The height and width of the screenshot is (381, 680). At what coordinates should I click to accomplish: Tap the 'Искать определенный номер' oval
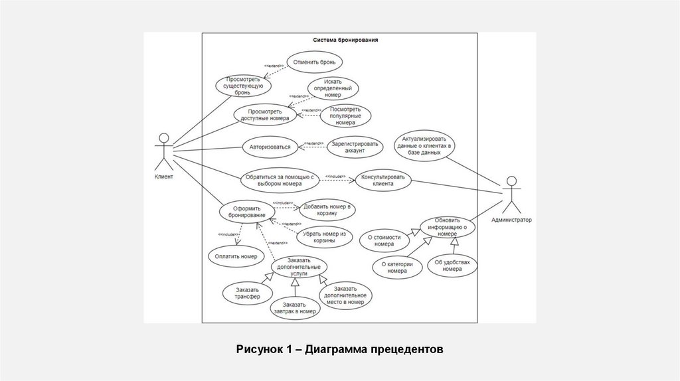(333, 88)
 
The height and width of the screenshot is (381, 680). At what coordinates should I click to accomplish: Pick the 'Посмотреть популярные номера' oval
(345, 115)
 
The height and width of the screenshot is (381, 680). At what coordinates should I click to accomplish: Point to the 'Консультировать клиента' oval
(383, 180)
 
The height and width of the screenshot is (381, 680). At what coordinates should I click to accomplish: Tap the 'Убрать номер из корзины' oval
(325, 238)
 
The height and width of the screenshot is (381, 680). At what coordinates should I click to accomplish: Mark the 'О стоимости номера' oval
(384, 239)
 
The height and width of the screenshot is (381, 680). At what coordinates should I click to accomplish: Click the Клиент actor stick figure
(163, 153)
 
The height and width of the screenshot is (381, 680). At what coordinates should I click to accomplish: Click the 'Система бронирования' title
(346, 40)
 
